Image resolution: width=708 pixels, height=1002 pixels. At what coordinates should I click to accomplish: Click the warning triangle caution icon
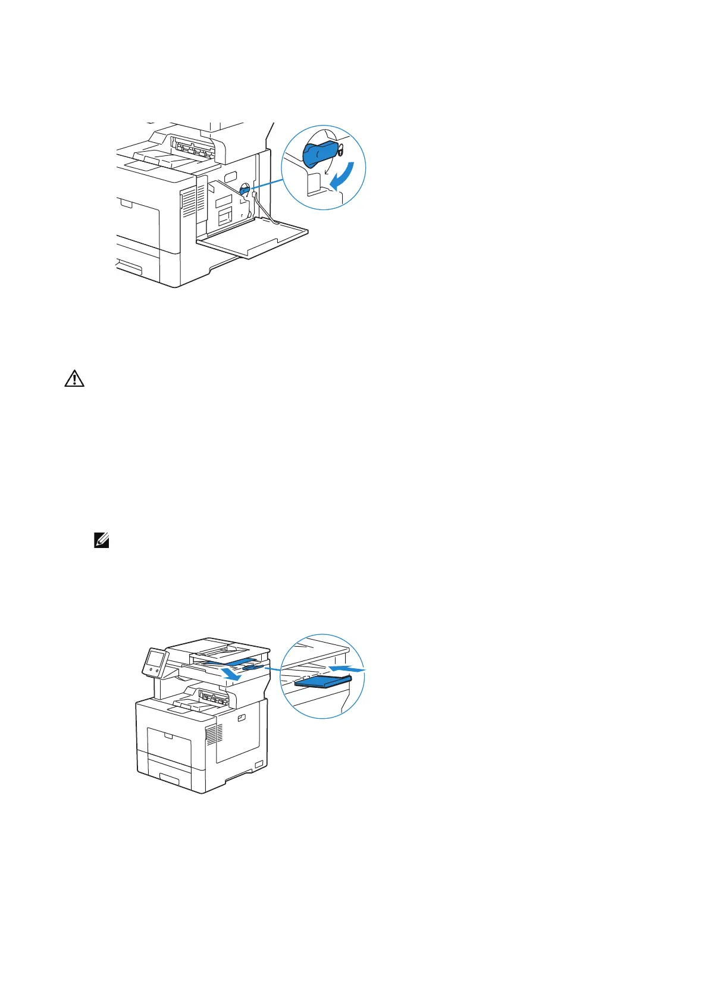74,379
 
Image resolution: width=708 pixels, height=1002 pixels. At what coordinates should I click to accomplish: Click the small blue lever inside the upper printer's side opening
244,191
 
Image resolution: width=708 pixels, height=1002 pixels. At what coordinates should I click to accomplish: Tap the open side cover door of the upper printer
253,239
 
